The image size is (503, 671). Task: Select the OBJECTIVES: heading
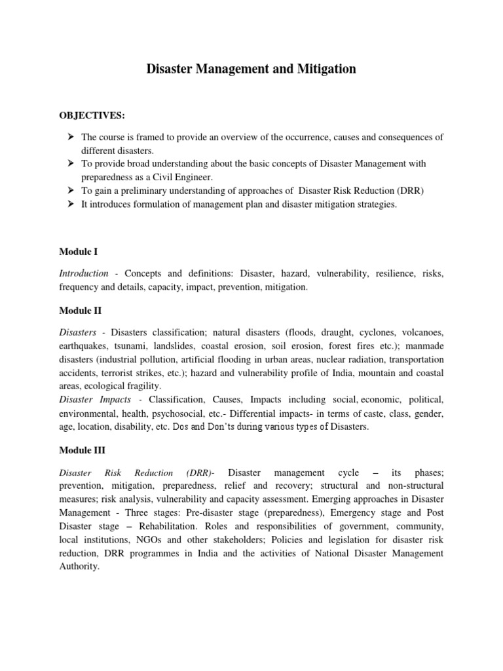click(92, 115)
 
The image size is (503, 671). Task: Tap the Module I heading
click(78, 252)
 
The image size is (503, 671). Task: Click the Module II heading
click(80, 311)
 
